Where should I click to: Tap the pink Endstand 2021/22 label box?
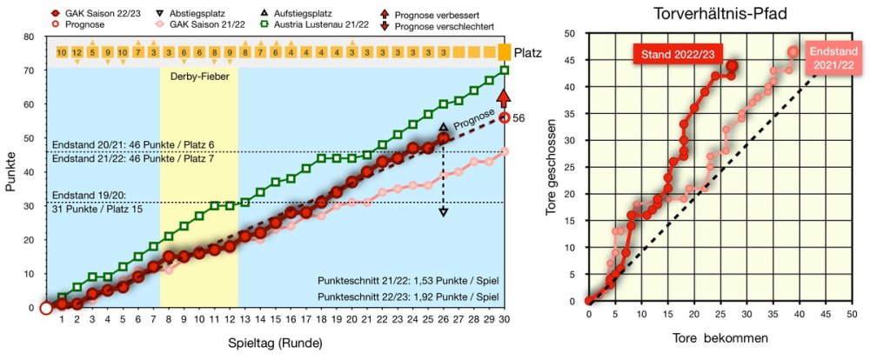(x=832, y=58)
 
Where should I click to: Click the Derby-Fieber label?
(x=199, y=76)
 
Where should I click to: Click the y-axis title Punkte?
(x=10, y=172)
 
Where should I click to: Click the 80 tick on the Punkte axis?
(x=30, y=37)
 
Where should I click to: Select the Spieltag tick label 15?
(x=275, y=320)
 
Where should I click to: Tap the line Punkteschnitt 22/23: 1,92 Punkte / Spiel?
(x=408, y=297)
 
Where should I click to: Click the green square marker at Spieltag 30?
(x=505, y=70)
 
